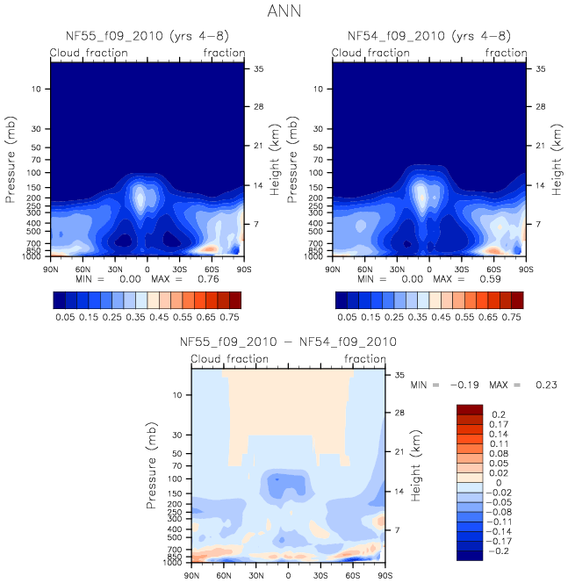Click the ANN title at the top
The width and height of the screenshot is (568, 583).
284,13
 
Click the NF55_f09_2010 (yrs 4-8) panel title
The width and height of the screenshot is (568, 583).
147,36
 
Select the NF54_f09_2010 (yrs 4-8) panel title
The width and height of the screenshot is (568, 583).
429,36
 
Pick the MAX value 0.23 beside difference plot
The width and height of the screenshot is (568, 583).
542,385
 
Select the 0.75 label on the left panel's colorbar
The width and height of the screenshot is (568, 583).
229,314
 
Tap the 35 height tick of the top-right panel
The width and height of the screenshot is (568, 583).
542,68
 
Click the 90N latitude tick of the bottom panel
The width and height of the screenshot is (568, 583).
191,576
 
